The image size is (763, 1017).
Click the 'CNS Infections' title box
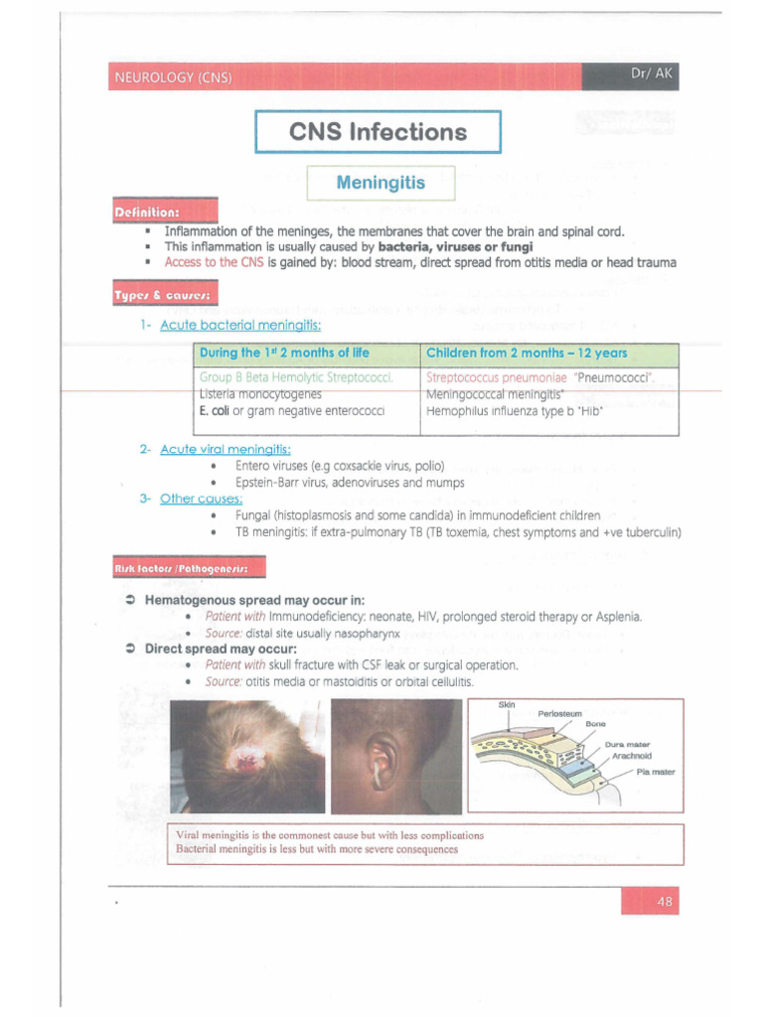click(x=378, y=132)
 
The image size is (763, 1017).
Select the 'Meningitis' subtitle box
click(x=381, y=184)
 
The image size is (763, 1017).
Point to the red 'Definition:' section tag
click(x=147, y=213)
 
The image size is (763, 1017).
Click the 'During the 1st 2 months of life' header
click(x=284, y=353)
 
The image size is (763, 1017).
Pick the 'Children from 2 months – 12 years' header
click(x=527, y=353)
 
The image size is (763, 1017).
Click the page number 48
click(x=664, y=901)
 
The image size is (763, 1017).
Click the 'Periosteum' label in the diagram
click(x=562, y=713)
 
